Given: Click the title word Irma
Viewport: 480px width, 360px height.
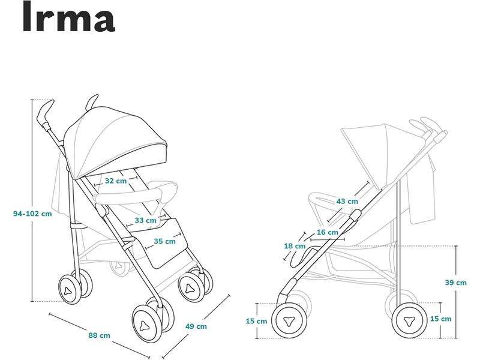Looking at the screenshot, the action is pyautogui.click(x=69, y=17).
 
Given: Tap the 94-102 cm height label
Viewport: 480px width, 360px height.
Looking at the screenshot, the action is pyautogui.click(x=32, y=214).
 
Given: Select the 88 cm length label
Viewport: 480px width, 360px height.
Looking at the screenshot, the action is pyautogui.click(x=99, y=335).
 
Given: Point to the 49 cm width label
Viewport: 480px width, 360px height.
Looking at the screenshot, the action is pyautogui.click(x=196, y=326).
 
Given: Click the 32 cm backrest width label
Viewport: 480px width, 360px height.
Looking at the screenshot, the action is pyautogui.click(x=116, y=181).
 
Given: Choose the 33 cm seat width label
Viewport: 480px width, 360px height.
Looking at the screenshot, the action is pyautogui.click(x=145, y=220).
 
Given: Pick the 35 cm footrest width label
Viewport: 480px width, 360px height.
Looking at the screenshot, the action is pyautogui.click(x=164, y=241).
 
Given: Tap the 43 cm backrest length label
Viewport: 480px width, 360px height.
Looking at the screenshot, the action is pyautogui.click(x=347, y=202).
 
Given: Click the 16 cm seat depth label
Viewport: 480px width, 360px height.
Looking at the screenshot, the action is pyautogui.click(x=328, y=232).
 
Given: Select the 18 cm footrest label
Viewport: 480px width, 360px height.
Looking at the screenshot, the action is pyautogui.click(x=295, y=246).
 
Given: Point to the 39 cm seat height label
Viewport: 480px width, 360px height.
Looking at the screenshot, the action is pyautogui.click(x=456, y=283).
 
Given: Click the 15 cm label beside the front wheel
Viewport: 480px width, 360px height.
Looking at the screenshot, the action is pyautogui.click(x=256, y=321).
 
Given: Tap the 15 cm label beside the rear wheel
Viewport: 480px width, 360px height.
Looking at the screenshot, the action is pyautogui.click(x=440, y=319).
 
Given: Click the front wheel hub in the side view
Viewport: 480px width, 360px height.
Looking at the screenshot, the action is pyautogui.click(x=289, y=321).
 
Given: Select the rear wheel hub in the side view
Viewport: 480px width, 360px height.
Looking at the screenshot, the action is pyautogui.click(x=409, y=321).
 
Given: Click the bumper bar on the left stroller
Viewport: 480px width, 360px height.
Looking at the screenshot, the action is pyautogui.click(x=128, y=197).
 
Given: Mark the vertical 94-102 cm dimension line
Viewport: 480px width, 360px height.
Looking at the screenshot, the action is pyautogui.click(x=32, y=200).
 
